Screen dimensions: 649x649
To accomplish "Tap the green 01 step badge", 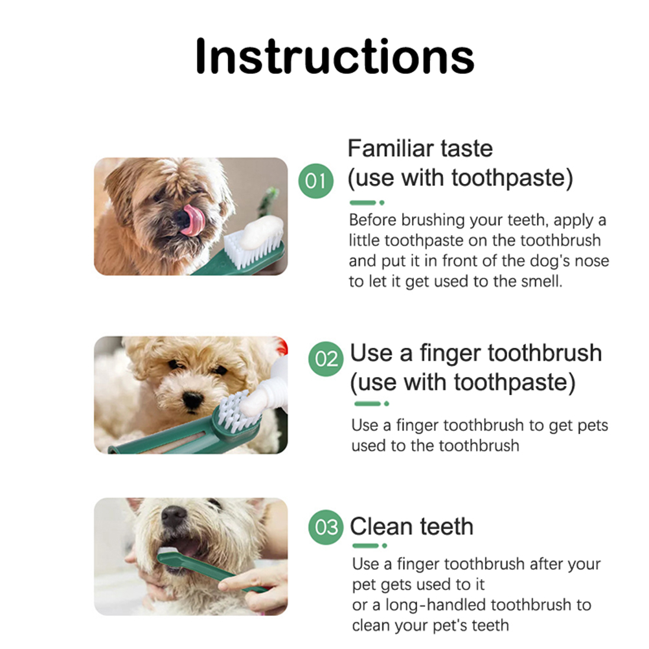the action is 316,181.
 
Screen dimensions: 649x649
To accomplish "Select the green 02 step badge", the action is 326,359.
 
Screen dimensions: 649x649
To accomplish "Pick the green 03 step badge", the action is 326,527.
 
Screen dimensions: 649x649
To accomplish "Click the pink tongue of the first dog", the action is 193,220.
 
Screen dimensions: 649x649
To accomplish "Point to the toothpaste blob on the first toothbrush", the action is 261,233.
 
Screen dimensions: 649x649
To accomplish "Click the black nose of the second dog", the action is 193,400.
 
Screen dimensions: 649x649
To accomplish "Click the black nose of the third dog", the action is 174,516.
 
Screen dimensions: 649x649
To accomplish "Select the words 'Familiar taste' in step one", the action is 420,148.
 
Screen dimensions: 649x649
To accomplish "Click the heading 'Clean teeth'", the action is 411,527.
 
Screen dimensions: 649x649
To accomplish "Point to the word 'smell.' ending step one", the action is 541,282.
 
